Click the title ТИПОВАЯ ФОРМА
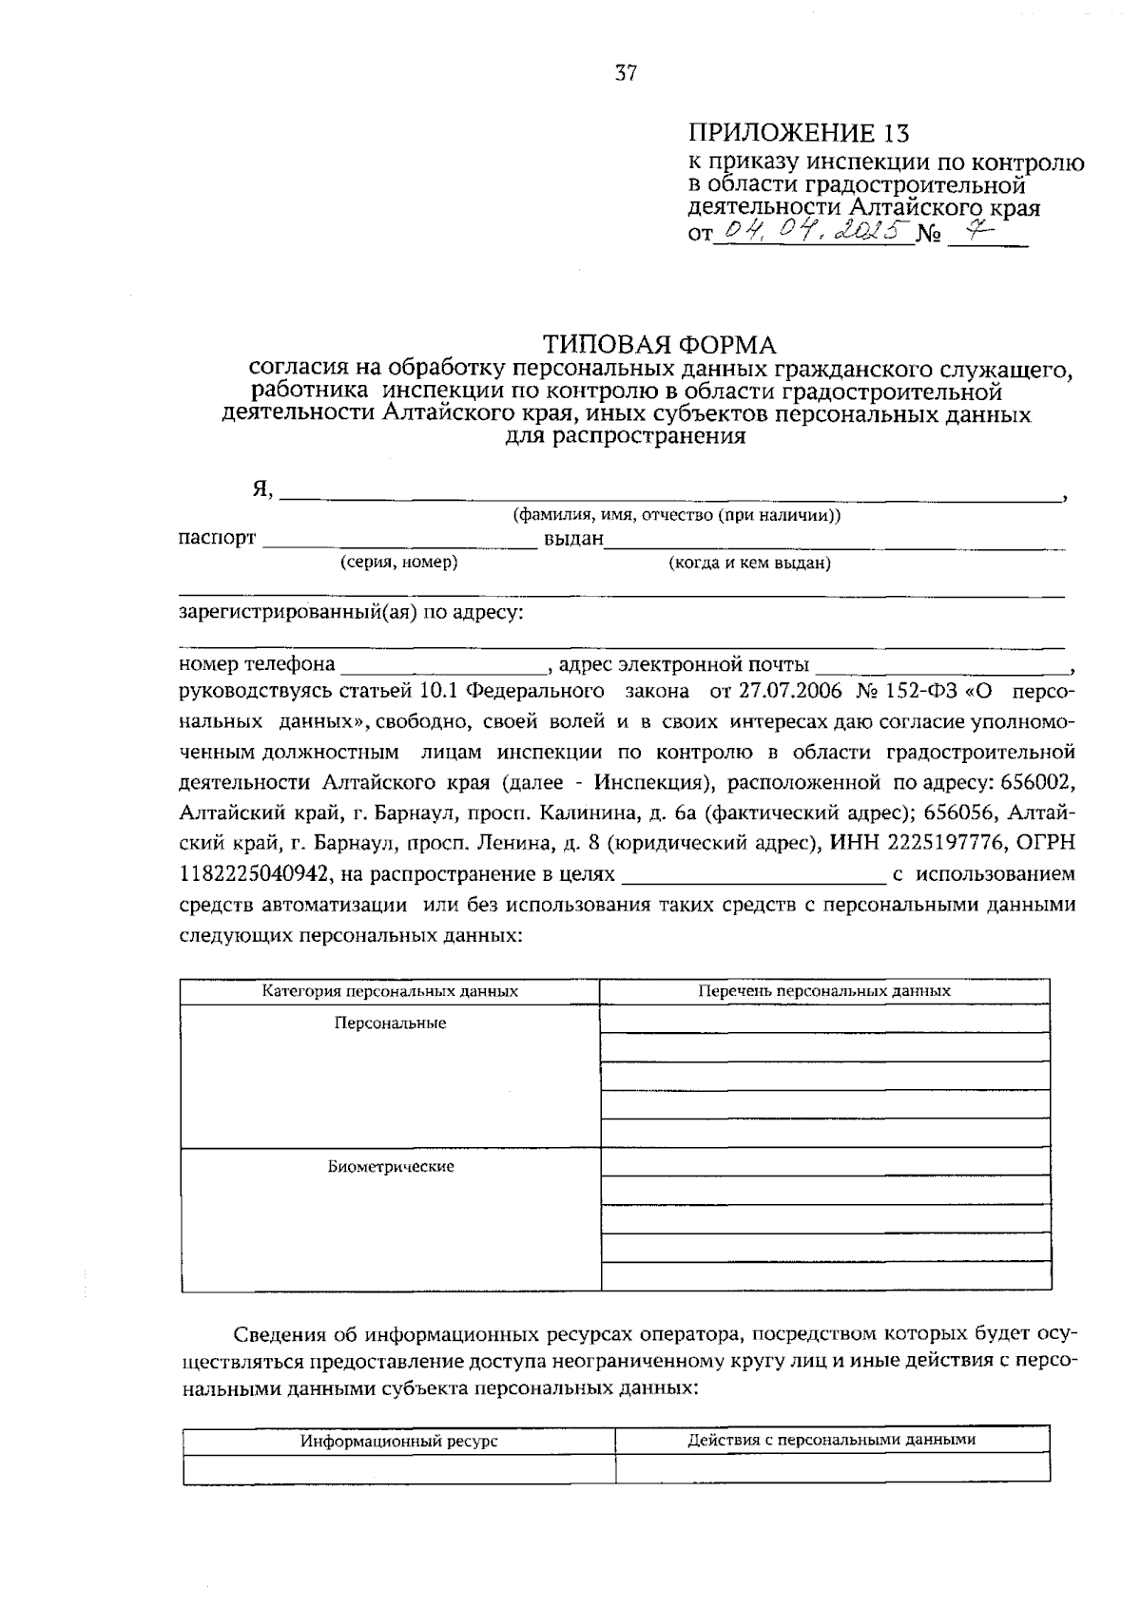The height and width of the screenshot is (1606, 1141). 659,344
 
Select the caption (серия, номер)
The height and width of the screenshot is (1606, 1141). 399,563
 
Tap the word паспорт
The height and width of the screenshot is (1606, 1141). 217,538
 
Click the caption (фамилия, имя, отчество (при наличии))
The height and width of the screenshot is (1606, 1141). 676,515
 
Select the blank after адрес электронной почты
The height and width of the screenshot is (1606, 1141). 941,664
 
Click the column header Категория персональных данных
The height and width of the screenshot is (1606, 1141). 390,991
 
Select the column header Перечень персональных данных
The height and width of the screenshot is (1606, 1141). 823,990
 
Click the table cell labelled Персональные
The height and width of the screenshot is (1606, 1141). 390,1023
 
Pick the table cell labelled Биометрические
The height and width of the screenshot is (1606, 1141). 390,1166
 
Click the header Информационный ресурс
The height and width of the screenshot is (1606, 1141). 399,1441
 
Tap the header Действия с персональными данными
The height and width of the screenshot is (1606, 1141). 831,1440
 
